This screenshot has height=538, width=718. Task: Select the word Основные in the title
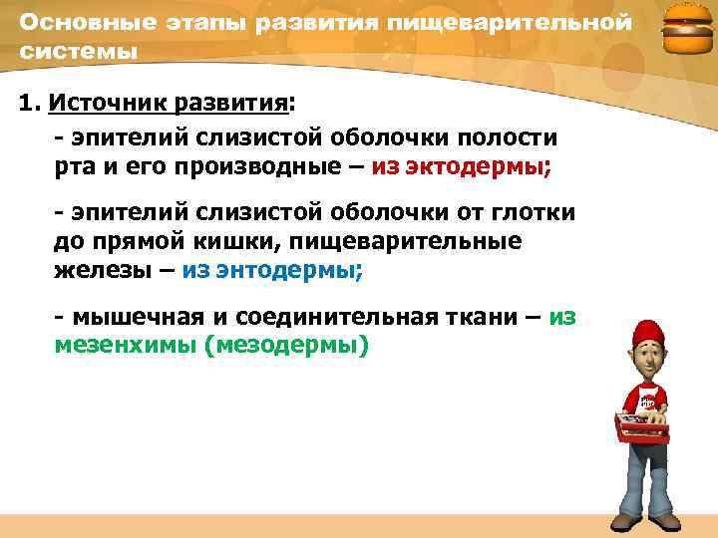[78, 22]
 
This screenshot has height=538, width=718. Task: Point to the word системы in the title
[78, 51]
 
